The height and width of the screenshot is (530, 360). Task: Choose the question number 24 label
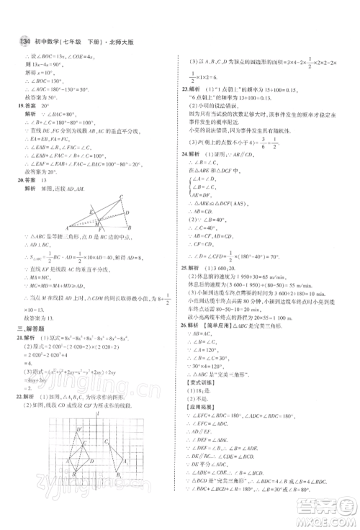pos(186,174)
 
